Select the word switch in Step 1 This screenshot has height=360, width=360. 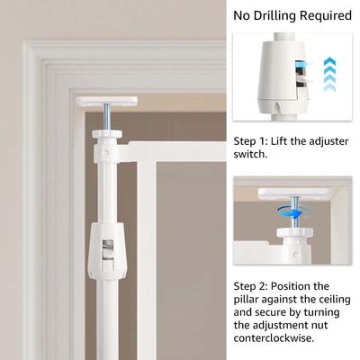coord(249,155)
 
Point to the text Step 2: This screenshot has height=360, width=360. coord(251,286)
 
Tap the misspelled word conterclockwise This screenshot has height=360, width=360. coord(274,338)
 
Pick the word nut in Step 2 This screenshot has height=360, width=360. coord(319,325)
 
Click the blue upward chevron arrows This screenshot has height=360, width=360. coord(330,74)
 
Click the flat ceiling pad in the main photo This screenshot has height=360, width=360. coord(107,102)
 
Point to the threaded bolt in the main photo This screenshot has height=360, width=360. coord(106,118)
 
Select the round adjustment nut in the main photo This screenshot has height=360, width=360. coord(107,133)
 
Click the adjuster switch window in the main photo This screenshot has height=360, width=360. coord(108,249)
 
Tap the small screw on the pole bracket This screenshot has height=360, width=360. coord(106,153)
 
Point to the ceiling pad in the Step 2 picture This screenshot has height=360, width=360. coord(295,193)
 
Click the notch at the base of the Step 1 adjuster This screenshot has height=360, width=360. coord(277,110)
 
